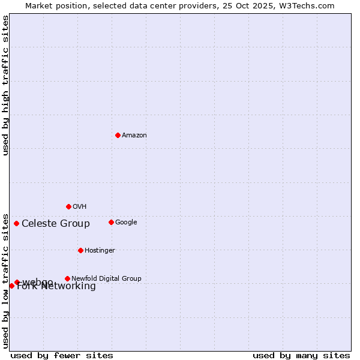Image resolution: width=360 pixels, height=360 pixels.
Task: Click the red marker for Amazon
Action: click(x=118, y=135)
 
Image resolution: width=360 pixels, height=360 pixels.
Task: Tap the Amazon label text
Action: click(x=134, y=136)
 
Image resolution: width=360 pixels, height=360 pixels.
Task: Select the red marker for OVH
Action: click(x=68, y=206)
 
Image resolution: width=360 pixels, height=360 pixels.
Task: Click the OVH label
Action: click(x=80, y=207)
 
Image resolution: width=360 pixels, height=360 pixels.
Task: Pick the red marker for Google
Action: click(x=111, y=222)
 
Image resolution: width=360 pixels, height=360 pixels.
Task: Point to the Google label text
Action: click(x=126, y=223)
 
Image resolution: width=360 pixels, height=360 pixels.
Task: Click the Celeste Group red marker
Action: click(x=16, y=223)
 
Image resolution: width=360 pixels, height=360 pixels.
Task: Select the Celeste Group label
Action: click(x=56, y=224)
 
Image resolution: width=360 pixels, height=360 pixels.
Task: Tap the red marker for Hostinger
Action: click(x=80, y=250)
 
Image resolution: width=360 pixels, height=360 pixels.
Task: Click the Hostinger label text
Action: click(x=100, y=251)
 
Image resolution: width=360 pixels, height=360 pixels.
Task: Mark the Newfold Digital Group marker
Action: click(x=67, y=278)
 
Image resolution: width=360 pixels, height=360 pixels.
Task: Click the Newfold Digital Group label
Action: click(x=106, y=279)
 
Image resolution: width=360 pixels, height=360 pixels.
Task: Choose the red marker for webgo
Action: click(x=17, y=282)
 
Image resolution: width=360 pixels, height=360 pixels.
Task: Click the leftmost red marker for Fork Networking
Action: click(x=11, y=286)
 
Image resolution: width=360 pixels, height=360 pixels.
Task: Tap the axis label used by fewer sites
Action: click(x=62, y=355)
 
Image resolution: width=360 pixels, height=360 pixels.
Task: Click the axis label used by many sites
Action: click(x=301, y=355)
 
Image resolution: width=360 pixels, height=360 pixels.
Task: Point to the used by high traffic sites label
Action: click(x=6, y=85)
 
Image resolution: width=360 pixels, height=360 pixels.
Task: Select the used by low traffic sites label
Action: click(x=6, y=280)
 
